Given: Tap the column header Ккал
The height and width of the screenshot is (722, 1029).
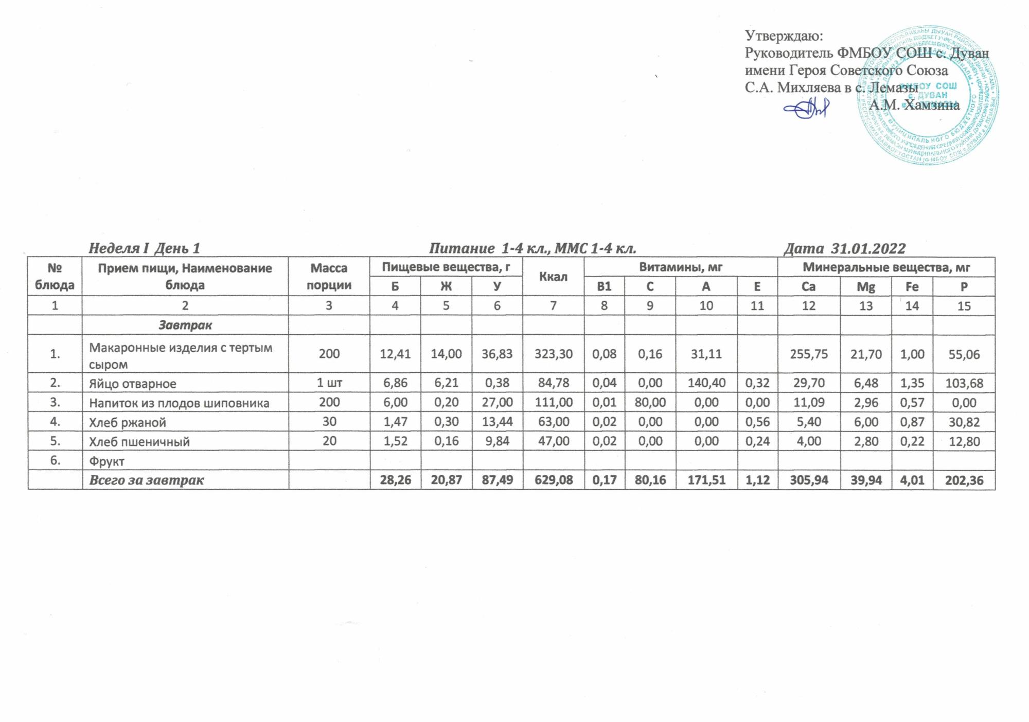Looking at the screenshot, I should (x=553, y=277).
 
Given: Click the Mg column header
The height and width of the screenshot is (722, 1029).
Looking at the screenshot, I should (x=866, y=287).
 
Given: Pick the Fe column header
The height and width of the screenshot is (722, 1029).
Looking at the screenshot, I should (x=912, y=287).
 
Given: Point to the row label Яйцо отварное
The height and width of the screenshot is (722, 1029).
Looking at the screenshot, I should (x=133, y=384).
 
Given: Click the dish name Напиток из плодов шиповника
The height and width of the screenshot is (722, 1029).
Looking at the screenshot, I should (x=179, y=403).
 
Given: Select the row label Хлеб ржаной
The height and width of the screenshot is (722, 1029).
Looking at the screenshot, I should (x=128, y=423).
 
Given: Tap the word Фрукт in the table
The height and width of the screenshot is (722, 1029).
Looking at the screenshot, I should (x=107, y=461).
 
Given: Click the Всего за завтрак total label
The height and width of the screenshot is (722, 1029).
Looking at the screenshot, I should (x=147, y=480).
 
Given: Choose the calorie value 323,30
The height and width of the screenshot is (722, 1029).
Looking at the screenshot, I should (x=553, y=354).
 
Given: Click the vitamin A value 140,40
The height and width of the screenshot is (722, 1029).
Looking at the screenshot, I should (x=706, y=384).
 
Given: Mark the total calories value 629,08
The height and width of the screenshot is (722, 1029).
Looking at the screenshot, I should (x=553, y=480).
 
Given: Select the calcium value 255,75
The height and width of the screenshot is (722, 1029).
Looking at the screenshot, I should (x=809, y=354).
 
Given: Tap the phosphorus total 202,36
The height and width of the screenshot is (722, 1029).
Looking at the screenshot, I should (x=964, y=480).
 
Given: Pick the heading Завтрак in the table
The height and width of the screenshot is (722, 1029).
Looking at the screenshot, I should (x=185, y=325).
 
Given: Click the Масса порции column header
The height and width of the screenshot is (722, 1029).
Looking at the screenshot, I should (x=329, y=277).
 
